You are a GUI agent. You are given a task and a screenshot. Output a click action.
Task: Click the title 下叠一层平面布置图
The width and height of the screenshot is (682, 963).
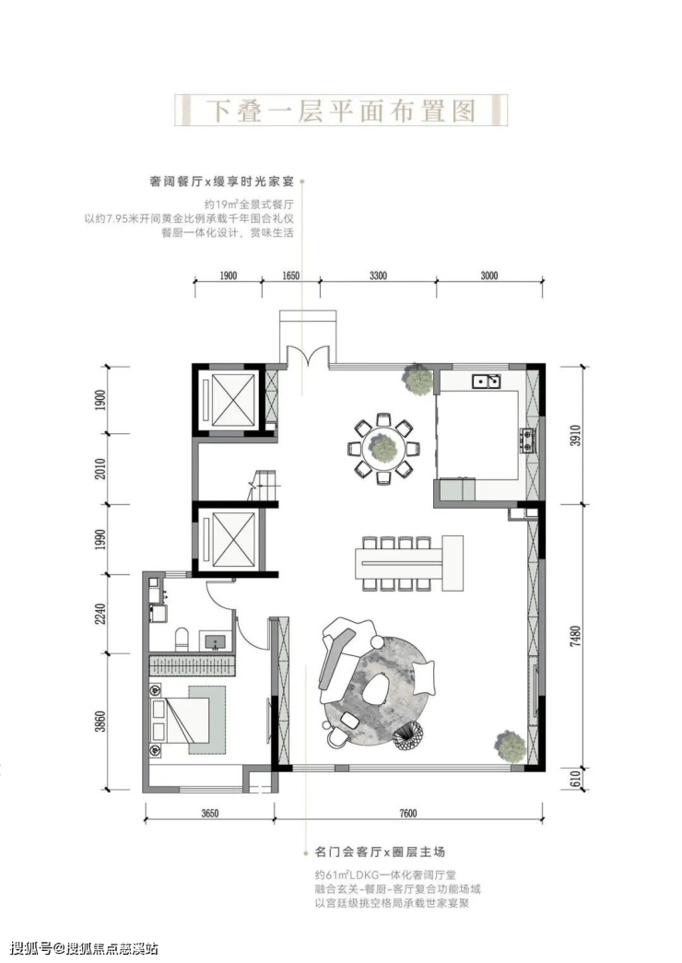[341, 111]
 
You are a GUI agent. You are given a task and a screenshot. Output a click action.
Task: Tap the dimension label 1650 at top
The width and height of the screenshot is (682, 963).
[290, 276]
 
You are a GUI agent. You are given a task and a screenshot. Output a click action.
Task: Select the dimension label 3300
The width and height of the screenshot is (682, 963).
[378, 276]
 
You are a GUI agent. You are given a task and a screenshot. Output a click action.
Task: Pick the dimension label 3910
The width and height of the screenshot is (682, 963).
[574, 435]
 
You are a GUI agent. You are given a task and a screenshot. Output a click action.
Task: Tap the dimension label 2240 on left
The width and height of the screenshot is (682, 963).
[100, 613]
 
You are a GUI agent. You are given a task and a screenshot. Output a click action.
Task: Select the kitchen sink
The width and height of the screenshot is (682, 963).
[486, 382]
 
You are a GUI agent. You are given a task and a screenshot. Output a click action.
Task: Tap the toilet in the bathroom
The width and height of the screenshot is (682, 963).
[182, 639]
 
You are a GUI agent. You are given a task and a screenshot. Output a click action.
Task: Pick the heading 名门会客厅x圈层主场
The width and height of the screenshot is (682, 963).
[380, 851]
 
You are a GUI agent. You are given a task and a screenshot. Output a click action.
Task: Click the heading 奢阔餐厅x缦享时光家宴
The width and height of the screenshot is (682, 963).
[222, 182]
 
